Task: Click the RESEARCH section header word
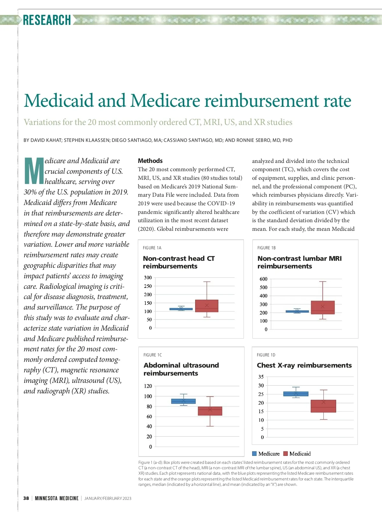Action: pos(47,20)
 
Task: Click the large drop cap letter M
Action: pos(34,171)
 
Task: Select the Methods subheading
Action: pos(150,161)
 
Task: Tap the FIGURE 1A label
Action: pos(152,248)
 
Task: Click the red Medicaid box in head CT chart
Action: pos(207,306)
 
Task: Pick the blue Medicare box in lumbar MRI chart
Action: pos(297,311)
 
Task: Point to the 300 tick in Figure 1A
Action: pos(148,278)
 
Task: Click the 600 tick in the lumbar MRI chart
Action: pos(263,279)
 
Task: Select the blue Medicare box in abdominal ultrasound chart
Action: pos(183,401)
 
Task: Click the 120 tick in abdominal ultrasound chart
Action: pos(148,386)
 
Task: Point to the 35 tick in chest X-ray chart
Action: pos(261,377)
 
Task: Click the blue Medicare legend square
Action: pos(254,454)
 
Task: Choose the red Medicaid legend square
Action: pos(286,454)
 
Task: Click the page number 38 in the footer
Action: pos(26,498)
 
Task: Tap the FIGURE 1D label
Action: pos(266,355)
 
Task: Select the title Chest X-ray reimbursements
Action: pos(304,365)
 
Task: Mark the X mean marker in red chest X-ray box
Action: pos(323,402)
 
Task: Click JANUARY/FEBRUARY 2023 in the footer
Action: pos(108,498)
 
